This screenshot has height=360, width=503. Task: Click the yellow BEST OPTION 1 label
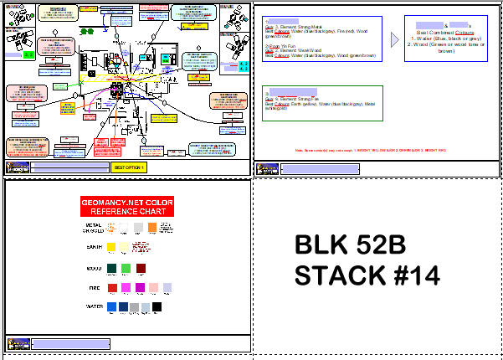click(129, 167)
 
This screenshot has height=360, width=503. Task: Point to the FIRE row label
click(95, 288)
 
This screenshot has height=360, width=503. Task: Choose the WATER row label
click(93, 307)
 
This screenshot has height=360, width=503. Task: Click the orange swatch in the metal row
click(152, 226)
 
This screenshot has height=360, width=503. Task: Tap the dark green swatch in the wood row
click(112, 268)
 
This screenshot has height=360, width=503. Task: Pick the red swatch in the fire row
click(112, 287)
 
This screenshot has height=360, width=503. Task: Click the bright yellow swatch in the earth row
click(112, 247)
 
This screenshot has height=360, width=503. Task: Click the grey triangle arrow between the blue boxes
click(395, 39)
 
